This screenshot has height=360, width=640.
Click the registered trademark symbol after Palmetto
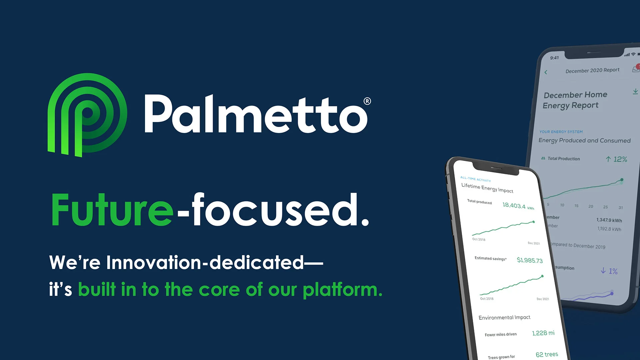367,101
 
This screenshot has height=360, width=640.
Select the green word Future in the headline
112,210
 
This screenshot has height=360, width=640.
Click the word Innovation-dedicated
205,262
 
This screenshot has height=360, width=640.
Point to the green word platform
342,289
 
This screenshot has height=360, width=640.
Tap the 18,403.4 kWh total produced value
518,206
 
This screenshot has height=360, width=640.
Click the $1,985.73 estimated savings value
530,260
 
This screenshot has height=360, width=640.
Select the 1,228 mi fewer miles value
543,333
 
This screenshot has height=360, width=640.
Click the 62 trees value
547,354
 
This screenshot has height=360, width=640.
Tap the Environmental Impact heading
504,317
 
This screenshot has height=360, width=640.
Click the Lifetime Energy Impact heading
487,188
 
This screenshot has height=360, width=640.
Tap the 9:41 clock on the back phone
554,58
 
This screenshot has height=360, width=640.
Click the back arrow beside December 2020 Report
546,72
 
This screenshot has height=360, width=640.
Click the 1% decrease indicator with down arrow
609,271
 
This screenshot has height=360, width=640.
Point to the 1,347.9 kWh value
609,220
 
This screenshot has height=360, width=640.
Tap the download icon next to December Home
635,91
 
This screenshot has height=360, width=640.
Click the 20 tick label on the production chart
591,206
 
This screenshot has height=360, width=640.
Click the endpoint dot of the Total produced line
534,222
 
